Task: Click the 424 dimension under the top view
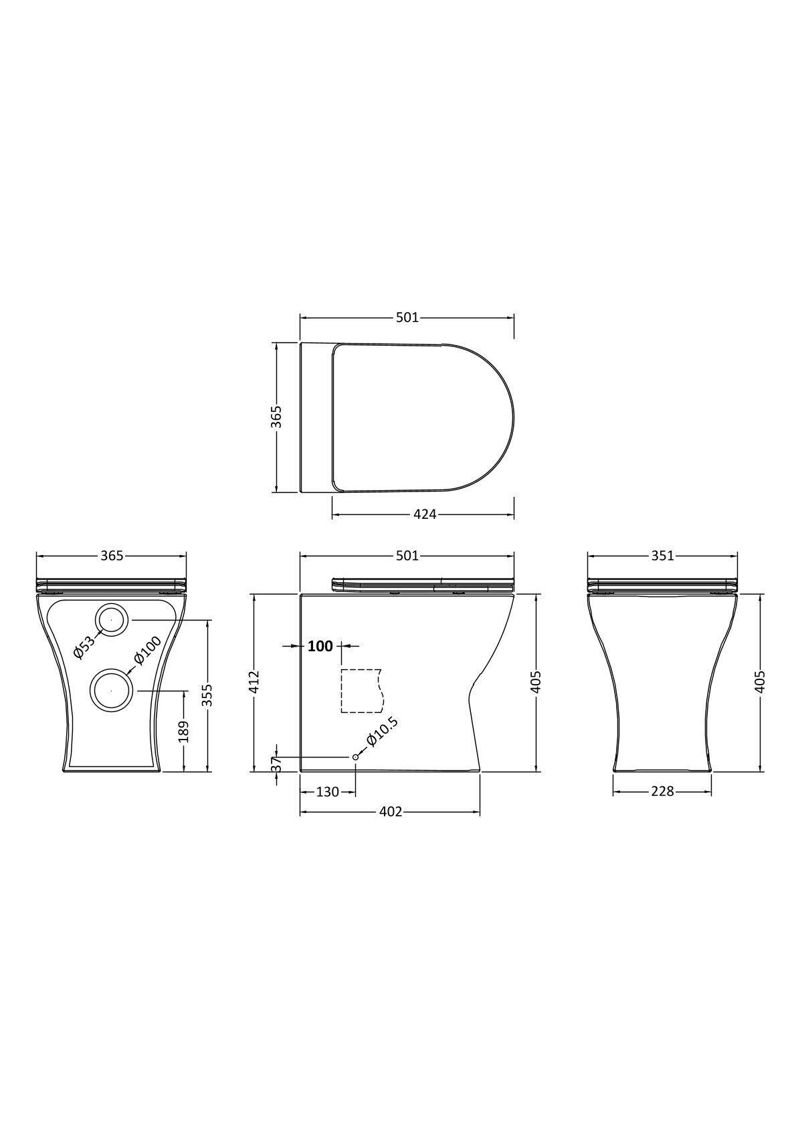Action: coord(424,514)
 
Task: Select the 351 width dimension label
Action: coord(662,556)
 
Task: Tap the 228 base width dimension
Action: coord(662,791)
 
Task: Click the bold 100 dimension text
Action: coord(320,646)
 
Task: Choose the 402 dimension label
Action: coord(390,811)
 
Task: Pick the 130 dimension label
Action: coord(327,792)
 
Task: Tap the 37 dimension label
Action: coord(276,764)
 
